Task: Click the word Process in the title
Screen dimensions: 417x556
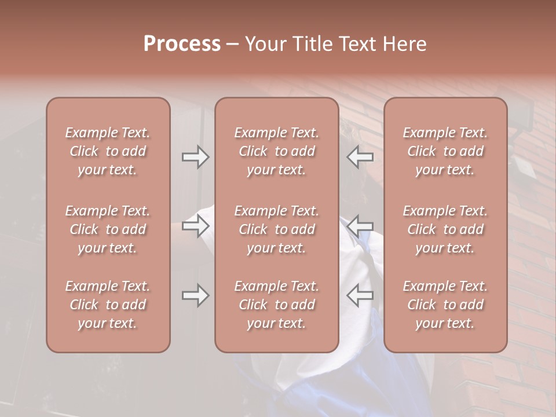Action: click(x=182, y=44)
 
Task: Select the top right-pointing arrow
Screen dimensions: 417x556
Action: click(x=195, y=157)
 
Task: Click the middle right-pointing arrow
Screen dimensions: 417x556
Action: click(x=195, y=226)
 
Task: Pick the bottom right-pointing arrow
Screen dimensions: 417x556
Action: click(x=195, y=296)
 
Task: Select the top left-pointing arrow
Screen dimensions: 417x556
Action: click(x=360, y=157)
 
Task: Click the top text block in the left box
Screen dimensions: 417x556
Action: click(x=108, y=151)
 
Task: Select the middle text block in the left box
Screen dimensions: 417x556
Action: click(x=108, y=229)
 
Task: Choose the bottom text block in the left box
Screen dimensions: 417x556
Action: click(x=108, y=305)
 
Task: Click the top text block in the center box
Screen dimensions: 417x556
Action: click(x=277, y=151)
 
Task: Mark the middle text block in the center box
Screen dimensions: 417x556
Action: click(x=277, y=229)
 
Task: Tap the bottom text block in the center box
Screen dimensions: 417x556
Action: click(x=277, y=305)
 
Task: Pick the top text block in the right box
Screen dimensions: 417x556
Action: click(x=445, y=151)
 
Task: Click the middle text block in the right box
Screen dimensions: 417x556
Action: click(x=445, y=229)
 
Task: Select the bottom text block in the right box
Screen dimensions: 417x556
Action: click(x=445, y=305)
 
